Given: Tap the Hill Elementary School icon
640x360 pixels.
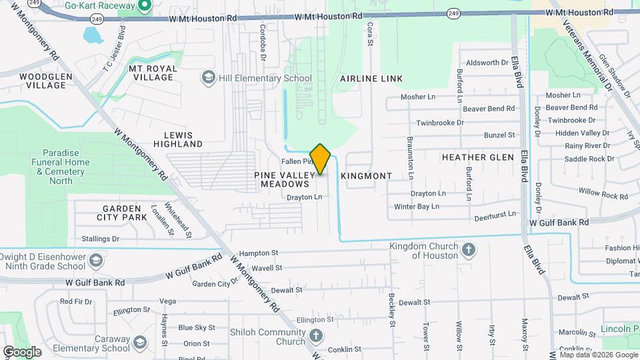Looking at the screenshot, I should click(x=209, y=78).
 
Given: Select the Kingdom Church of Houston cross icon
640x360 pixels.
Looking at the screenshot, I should click(x=469, y=251).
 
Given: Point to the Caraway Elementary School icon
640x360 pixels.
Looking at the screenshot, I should click(x=140, y=343).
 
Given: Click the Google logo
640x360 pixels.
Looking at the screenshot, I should click(x=22, y=351).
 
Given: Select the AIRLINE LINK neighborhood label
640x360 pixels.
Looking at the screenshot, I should click(x=371, y=79).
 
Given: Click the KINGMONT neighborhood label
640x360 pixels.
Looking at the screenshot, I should click(x=366, y=176).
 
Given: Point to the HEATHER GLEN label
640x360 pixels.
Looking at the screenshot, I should click(x=478, y=157).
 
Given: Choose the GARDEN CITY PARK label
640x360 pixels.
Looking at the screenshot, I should click(x=121, y=213).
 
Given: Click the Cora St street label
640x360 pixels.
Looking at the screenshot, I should click(x=369, y=34).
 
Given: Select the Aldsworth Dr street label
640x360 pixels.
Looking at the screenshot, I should click(x=487, y=63).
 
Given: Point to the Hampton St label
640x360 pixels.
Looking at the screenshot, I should click(x=258, y=253).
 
